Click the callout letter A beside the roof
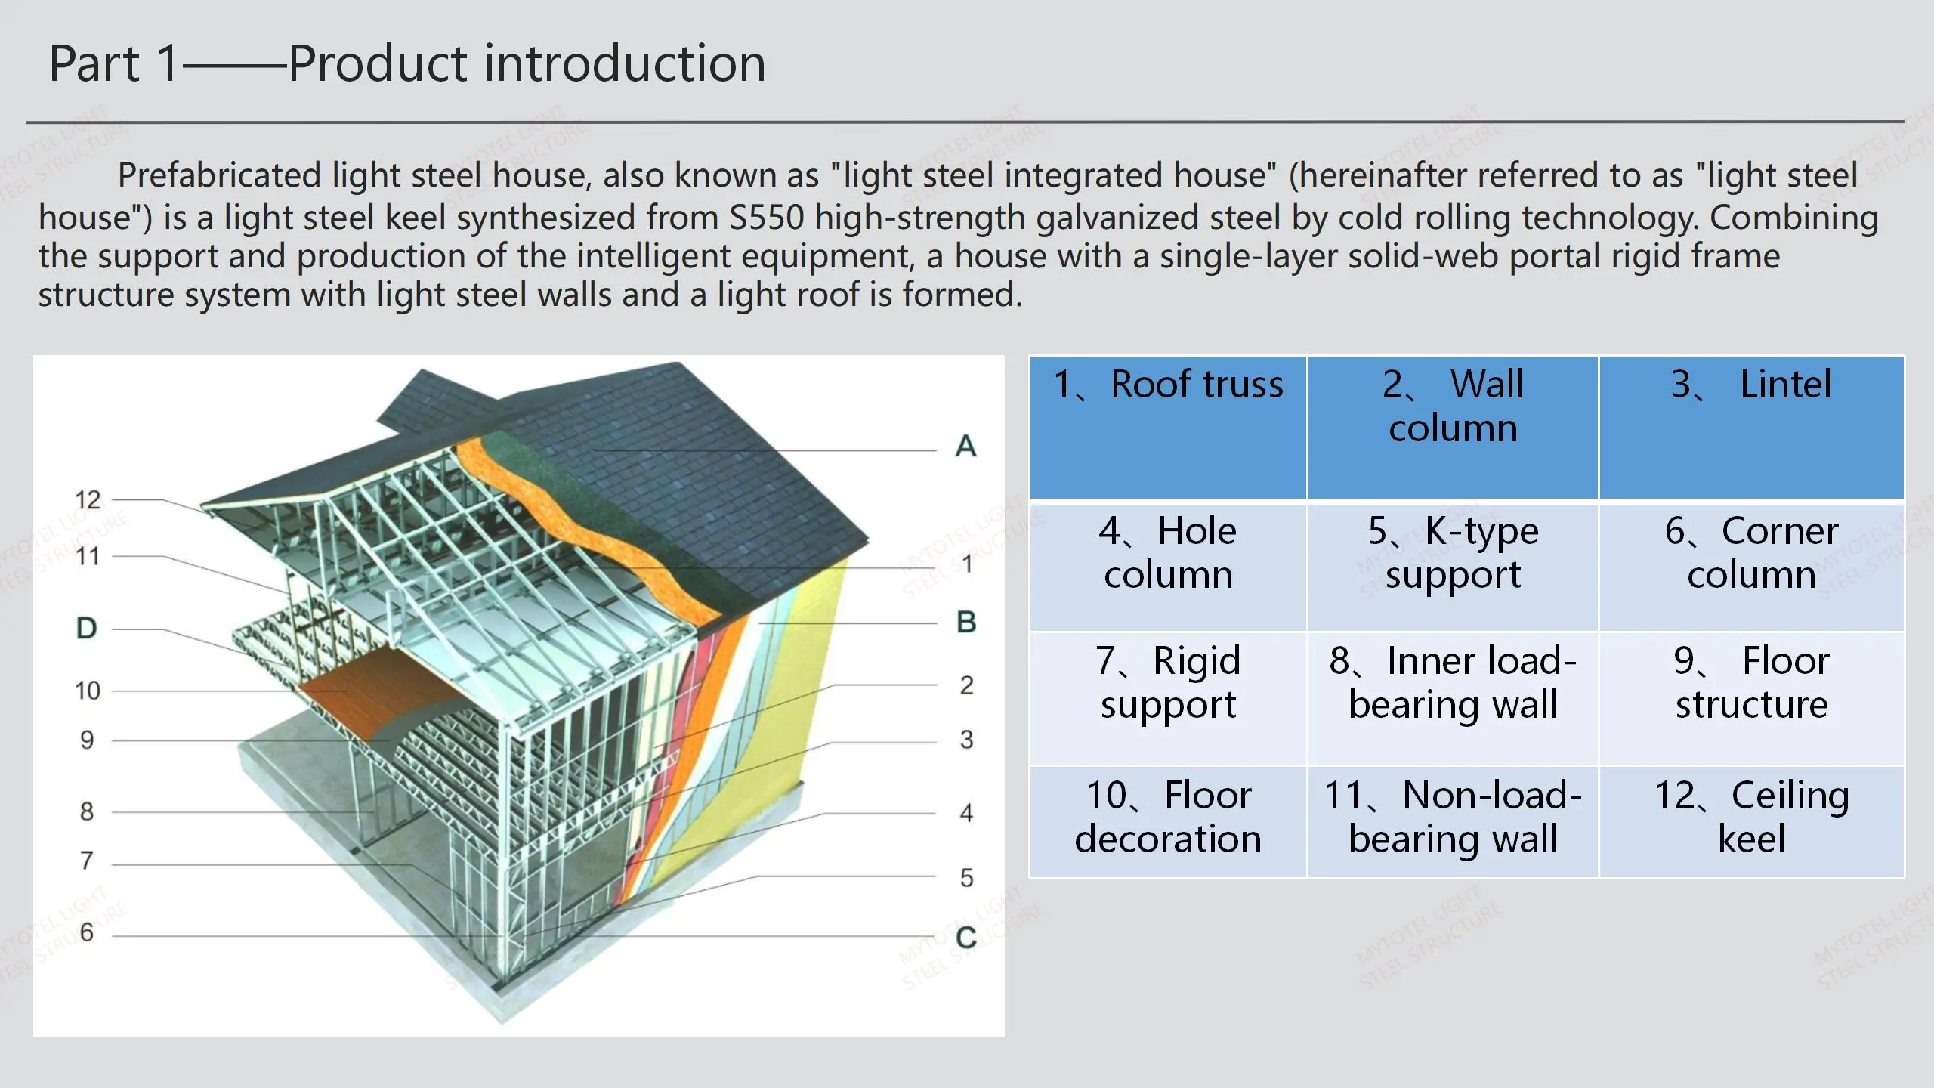965,446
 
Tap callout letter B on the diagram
966,622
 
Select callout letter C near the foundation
966,937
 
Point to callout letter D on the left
87,628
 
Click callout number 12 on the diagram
88,499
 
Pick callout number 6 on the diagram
87,932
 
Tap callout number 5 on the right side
966,878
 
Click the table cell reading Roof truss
1168,427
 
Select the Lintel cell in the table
1751,427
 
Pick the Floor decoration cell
1168,821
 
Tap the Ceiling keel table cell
1751,821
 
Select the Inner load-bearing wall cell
1453,697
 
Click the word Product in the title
378,63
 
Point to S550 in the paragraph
766,218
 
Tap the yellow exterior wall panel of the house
812,680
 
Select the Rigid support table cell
1168,697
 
